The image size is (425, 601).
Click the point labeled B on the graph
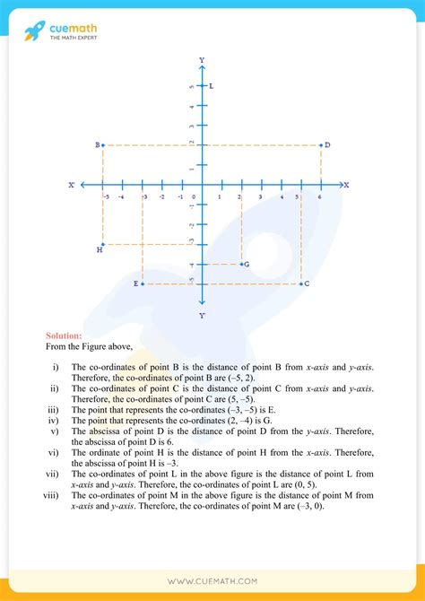104,144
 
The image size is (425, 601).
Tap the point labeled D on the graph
320,144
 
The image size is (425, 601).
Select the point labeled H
104,244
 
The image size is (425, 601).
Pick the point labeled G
241,264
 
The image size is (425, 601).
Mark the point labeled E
143,283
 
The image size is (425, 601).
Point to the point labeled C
300,283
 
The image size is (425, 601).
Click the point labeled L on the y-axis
203,86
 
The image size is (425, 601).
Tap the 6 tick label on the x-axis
320,196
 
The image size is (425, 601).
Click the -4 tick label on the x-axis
123,196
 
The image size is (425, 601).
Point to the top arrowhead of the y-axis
202,67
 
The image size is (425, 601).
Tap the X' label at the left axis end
71,185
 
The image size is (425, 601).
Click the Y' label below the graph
202,315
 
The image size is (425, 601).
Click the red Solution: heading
64,336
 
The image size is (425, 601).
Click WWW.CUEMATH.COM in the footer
212,579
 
